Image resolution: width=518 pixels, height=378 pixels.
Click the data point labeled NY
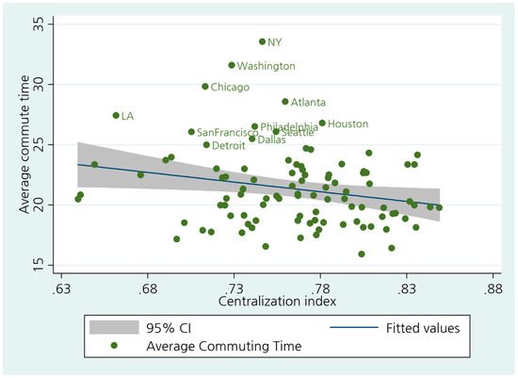click(263, 41)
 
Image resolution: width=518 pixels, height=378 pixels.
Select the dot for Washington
click(232, 65)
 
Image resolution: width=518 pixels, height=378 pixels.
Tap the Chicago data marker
click(205, 87)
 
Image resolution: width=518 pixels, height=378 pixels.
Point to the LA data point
click(116, 116)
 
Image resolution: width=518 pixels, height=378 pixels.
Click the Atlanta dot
click(285, 102)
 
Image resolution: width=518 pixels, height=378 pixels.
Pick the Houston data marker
click(322, 123)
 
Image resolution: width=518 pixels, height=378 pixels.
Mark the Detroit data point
click(206, 145)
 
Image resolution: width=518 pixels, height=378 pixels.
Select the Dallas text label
click(271, 140)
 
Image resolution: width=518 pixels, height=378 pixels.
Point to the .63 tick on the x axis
click(60, 288)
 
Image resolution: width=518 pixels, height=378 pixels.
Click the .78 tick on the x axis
click(319, 288)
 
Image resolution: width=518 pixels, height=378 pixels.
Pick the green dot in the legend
click(115, 346)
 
